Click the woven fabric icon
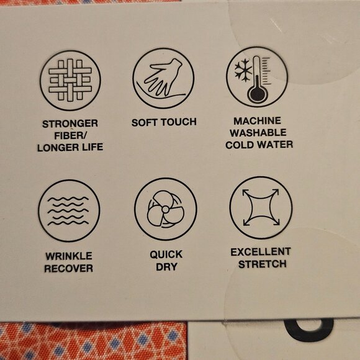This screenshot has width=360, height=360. tap(70, 80)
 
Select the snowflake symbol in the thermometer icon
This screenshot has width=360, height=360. tap(243, 70)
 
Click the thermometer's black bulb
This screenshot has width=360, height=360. tap(257, 93)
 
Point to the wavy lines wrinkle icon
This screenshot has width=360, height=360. tap(69, 210)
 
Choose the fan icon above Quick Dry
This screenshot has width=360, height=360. tap(165, 209)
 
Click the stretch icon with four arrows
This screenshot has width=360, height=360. tap(261, 207)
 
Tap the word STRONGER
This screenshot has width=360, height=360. tap(70, 124)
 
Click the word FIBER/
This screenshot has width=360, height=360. tap(70, 135)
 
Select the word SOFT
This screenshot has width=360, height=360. tap(145, 122)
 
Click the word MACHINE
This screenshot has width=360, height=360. tap(257, 121)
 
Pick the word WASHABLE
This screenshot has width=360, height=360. tap(258, 132)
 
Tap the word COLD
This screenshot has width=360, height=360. tap(239, 145)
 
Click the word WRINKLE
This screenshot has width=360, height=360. tap(69, 256)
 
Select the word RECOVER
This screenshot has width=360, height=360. tap(68, 268)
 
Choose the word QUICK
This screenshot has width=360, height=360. tap(166, 254)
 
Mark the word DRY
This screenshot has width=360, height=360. tap(167, 267)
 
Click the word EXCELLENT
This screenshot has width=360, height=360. tap(261, 252)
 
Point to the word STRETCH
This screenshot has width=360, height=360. tap(262, 264)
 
